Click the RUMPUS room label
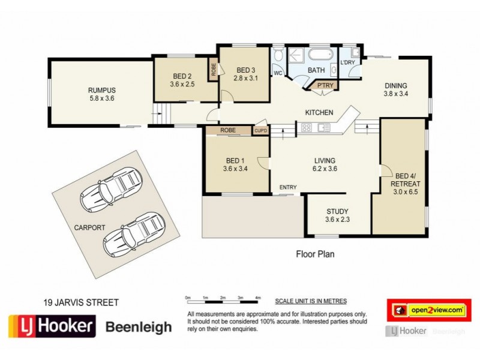[x=101, y=90]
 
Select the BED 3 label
[x=246, y=69]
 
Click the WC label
[x=278, y=73]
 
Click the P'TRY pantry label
[x=325, y=85]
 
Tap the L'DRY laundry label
[x=347, y=62]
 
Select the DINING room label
[x=396, y=85]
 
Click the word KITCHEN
[x=319, y=112]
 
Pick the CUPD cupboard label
[x=260, y=130]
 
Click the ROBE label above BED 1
[x=227, y=130]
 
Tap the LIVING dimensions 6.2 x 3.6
[x=325, y=169]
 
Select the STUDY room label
[x=337, y=211]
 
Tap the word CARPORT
[x=89, y=227]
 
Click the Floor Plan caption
[x=315, y=254]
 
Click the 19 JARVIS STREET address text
[x=80, y=302]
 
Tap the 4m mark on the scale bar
[x=258, y=298]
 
